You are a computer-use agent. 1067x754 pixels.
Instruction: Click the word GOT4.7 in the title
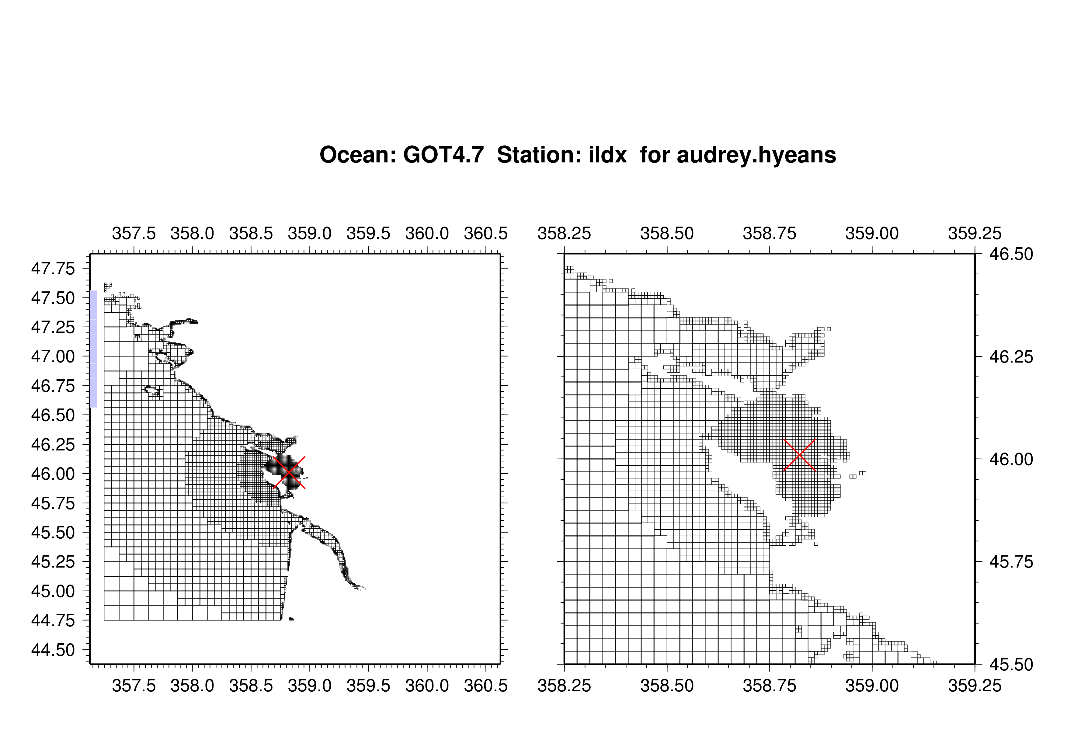pyautogui.click(x=443, y=155)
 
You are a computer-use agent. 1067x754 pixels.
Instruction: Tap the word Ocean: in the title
pyautogui.click(x=357, y=155)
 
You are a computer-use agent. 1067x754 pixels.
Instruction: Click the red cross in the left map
pyautogui.click(x=290, y=472)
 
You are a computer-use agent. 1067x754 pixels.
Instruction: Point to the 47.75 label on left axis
pyautogui.click(x=53, y=269)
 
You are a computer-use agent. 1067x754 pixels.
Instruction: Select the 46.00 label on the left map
pyautogui.click(x=53, y=474)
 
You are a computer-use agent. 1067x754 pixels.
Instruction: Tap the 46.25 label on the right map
pyautogui.click(x=1011, y=357)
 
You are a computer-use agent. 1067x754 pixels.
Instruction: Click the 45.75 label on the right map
pyautogui.click(x=1011, y=562)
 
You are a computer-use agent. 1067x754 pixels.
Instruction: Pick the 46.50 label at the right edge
pyautogui.click(x=1011, y=254)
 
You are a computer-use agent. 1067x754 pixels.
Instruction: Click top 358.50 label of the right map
pyautogui.click(x=667, y=233)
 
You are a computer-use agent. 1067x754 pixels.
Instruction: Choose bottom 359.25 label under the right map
pyautogui.click(x=975, y=686)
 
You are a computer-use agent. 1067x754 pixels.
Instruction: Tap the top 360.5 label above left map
pyautogui.click(x=486, y=233)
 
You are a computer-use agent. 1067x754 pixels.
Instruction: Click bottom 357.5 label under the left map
pyautogui.click(x=134, y=686)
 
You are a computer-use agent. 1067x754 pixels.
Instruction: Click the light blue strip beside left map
pyautogui.click(x=93, y=349)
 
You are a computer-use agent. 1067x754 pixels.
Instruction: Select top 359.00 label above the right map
pyautogui.click(x=872, y=233)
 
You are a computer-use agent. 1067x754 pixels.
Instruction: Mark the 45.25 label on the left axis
pyautogui.click(x=53, y=562)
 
